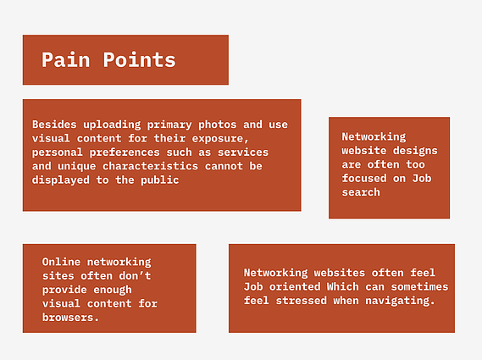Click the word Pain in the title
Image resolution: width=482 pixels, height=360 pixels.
pos(65,59)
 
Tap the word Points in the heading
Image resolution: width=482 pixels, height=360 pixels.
pos(139,59)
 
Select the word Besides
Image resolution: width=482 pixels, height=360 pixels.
pos(54,125)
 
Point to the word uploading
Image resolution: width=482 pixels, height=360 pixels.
pos(112,125)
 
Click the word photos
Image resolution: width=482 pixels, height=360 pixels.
pos(218,125)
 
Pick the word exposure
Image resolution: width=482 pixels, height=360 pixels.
pos(220,139)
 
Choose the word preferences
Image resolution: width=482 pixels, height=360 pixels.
pos(125,152)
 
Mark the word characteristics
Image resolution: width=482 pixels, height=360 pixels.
pos(150,166)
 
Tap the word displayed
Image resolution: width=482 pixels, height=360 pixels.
pos(60,180)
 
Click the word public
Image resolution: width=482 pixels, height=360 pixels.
pos(160,180)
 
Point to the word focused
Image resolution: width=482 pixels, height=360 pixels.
pos(364,179)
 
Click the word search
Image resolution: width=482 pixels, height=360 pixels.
pos(361,192)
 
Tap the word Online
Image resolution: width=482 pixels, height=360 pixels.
pos(61,262)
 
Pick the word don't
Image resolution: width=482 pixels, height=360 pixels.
pos(135,276)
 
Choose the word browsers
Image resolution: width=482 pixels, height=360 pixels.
pos(70,318)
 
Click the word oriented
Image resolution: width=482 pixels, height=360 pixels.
pos(295,287)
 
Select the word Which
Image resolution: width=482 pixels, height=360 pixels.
pos(343,287)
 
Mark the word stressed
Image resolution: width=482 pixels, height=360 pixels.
pos(302,301)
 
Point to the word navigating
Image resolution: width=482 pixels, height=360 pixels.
pos(400,301)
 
